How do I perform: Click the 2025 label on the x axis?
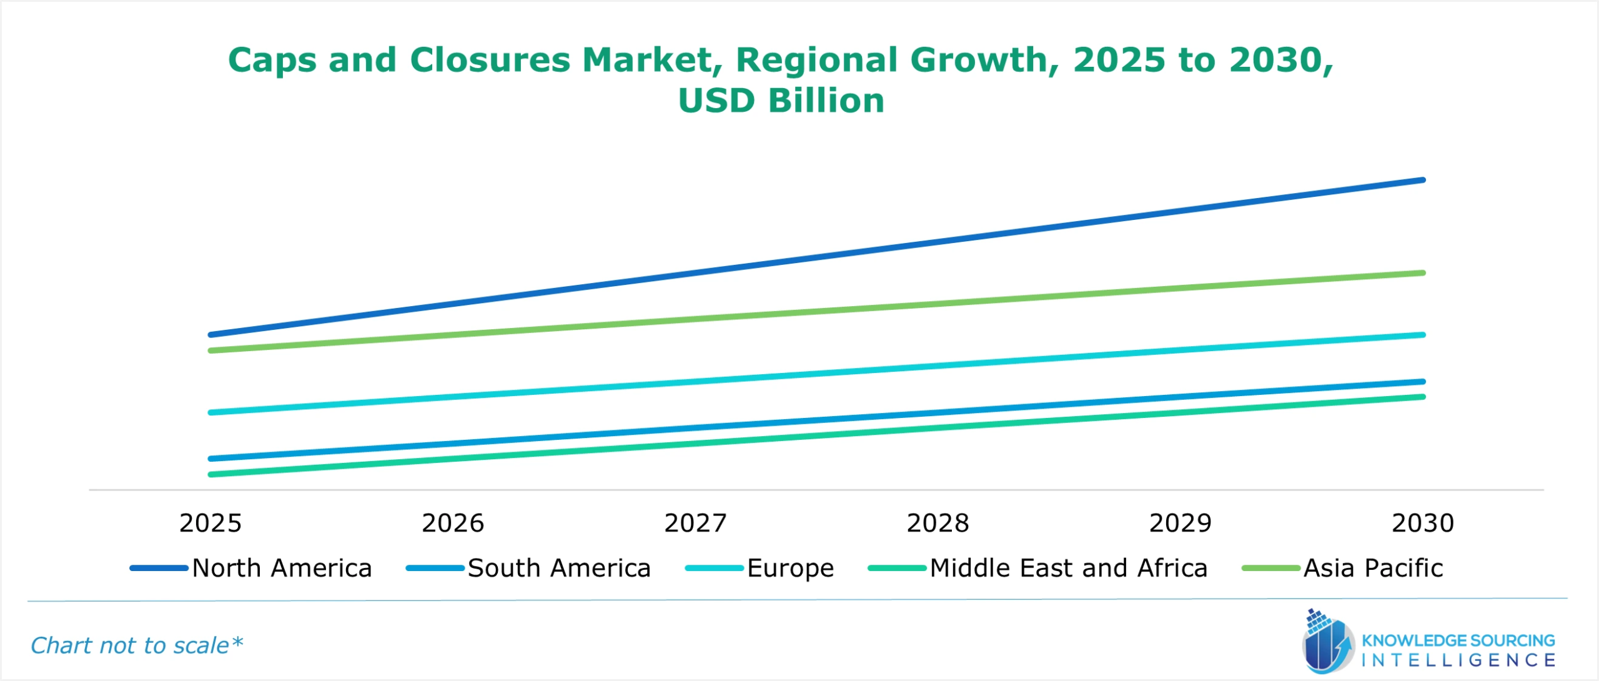(210, 523)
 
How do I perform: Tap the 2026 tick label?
(453, 523)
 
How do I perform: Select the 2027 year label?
(695, 523)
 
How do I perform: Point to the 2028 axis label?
(938, 523)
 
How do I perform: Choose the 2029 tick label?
(1180, 523)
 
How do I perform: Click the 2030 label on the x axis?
(1423, 523)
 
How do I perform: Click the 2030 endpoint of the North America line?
(1423, 180)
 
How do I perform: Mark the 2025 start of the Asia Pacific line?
(210, 350)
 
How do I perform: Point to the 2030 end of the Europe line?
(1423, 335)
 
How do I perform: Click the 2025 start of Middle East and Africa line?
(210, 474)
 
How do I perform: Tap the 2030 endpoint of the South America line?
(1423, 381)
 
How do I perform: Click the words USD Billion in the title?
(781, 101)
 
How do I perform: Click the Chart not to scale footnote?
(136, 645)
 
